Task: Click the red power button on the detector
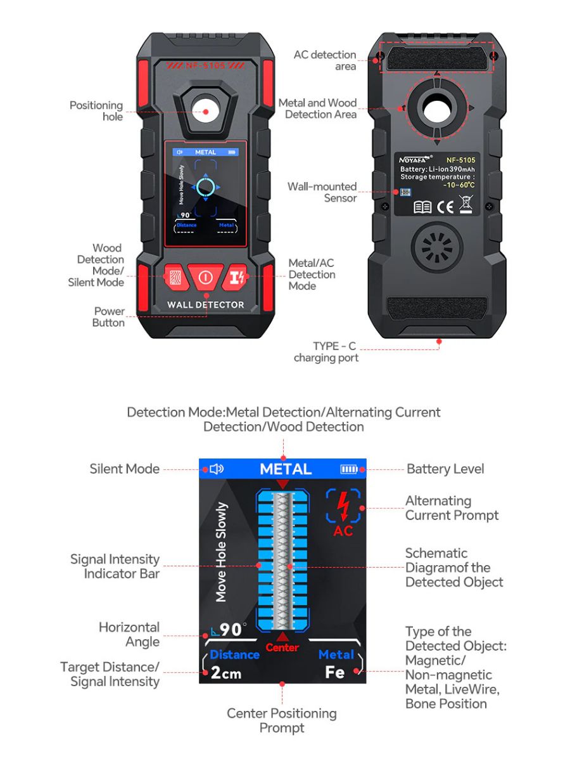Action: (x=205, y=277)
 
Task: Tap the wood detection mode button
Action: (x=175, y=277)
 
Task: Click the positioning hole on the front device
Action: (x=205, y=112)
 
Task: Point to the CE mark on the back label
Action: (x=445, y=207)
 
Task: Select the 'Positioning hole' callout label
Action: (x=96, y=111)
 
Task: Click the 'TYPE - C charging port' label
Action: (x=327, y=352)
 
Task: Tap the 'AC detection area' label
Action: (x=325, y=60)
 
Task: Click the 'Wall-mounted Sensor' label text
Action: (x=322, y=192)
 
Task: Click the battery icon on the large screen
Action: (x=349, y=469)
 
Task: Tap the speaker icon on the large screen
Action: (x=217, y=469)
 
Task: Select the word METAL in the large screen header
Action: (x=286, y=469)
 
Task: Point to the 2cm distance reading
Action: (x=226, y=673)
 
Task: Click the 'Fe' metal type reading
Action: (x=334, y=672)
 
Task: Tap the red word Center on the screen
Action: (x=282, y=647)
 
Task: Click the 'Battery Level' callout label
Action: (x=445, y=469)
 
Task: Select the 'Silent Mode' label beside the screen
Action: (x=125, y=469)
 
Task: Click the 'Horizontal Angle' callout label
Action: (x=129, y=634)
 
